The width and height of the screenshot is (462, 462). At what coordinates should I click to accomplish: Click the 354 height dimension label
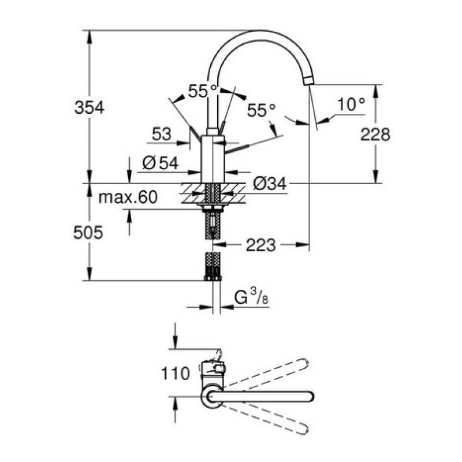pos(90,107)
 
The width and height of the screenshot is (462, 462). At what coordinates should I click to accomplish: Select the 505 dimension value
pos(88,233)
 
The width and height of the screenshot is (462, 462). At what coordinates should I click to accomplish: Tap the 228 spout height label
pos(375,135)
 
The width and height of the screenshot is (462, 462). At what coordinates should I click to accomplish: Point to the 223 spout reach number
pos(261,245)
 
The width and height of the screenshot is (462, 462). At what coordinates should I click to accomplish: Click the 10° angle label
pos(351,105)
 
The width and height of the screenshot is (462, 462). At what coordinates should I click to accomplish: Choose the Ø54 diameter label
pos(161,163)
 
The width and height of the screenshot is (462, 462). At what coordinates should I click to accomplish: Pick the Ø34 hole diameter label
pos(270,184)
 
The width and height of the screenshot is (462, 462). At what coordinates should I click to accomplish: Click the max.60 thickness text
pos(128,197)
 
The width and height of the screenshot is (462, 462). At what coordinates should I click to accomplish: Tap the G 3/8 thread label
pos(251,296)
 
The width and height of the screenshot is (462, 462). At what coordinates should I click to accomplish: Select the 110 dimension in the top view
pos(176,374)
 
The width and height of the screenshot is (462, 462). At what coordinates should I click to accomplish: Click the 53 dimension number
pos(162,134)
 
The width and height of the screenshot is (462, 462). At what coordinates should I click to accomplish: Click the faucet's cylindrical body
pos(213,159)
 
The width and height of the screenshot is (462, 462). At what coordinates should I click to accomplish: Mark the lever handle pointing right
pos(237,149)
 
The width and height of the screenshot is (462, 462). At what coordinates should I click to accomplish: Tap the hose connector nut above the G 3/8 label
pos(213,278)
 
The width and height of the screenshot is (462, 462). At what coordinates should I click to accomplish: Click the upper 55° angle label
pos(203,91)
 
